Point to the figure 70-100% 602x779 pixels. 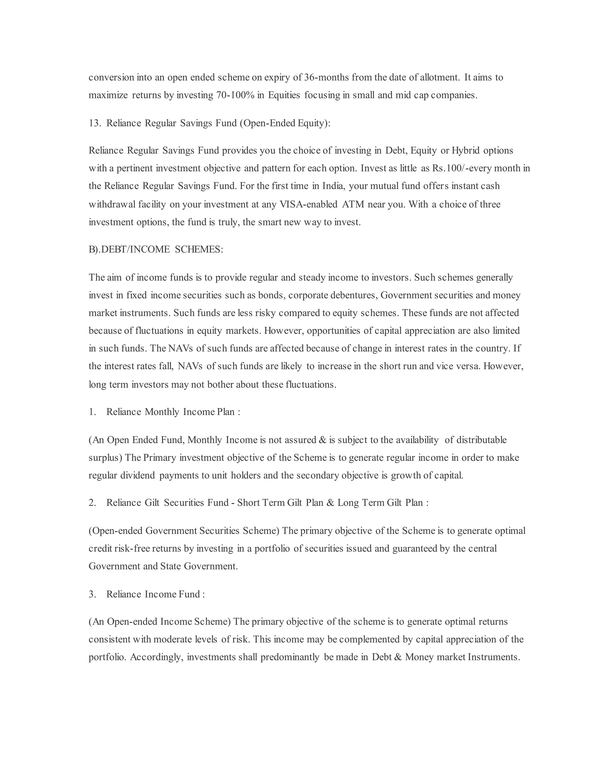(x=235, y=95)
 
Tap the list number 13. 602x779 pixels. (x=95, y=123)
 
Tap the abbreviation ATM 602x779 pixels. (x=353, y=204)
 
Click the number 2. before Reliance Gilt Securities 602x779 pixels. (x=92, y=503)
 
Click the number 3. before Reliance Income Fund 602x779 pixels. (x=92, y=594)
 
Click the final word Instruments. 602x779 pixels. (x=494, y=657)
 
